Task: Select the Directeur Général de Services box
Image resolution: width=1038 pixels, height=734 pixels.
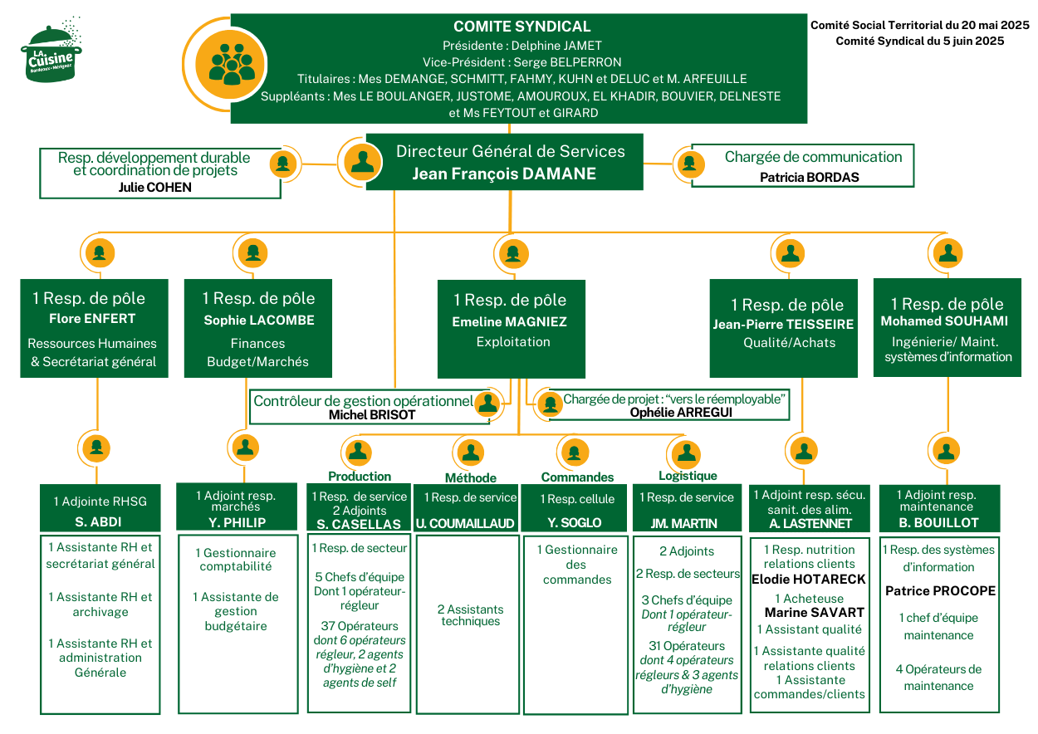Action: point(505,161)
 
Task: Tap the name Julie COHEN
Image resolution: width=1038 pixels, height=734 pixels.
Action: point(155,188)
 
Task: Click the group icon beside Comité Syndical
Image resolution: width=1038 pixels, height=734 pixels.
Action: point(232,66)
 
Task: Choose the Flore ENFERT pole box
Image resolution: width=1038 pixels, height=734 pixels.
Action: point(94,329)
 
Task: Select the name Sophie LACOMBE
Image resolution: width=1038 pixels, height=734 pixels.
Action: point(259,320)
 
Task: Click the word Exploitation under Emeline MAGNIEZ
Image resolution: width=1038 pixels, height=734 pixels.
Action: point(513,341)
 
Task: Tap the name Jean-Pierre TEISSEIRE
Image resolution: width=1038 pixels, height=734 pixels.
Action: point(783,325)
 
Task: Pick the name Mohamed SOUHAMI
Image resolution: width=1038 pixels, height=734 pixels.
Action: point(944,321)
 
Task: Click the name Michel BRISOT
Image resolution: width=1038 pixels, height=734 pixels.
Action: point(372,414)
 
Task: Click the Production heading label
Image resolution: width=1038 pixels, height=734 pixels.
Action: point(360,477)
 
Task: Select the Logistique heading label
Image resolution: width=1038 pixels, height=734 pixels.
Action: point(688,476)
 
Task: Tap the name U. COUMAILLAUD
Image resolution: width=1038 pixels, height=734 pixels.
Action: point(466,523)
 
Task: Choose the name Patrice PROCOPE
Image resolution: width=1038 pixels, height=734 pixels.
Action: point(940,591)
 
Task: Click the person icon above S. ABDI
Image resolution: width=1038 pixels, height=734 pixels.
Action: point(97,448)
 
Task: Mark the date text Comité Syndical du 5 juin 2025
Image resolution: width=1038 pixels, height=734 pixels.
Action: point(920,41)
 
